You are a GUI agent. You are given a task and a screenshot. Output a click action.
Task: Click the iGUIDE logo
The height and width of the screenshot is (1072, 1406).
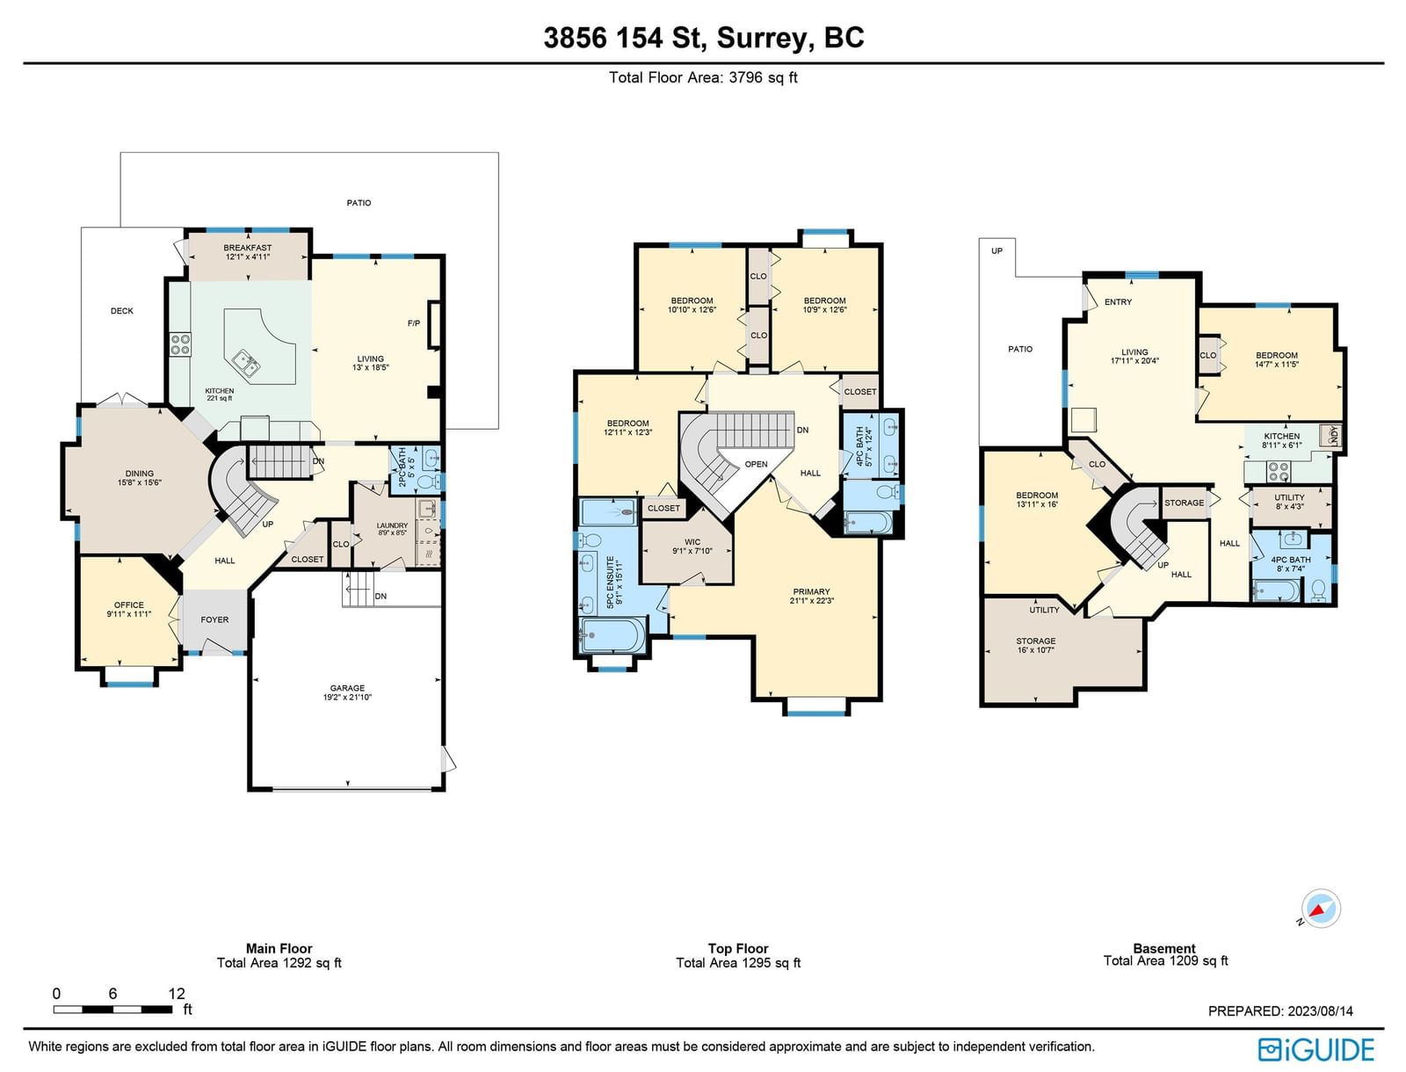(1316, 1050)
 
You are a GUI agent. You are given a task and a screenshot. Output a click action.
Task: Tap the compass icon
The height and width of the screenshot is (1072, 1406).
(1320, 908)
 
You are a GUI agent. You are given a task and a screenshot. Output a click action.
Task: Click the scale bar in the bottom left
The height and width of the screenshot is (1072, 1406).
(112, 1010)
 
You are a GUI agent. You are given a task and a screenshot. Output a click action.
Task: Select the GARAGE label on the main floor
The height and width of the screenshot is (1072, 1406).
(347, 688)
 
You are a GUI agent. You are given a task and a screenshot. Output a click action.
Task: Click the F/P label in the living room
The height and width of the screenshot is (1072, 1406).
(414, 323)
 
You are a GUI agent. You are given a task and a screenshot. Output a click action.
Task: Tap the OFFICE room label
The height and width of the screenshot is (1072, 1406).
(129, 605)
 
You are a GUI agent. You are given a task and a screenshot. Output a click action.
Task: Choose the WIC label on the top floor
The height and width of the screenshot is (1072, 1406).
(692, 542)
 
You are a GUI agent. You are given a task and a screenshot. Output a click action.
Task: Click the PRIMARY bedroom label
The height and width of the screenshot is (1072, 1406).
(812, 591)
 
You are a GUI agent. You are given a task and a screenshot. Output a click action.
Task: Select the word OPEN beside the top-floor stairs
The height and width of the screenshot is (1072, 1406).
(756, 464)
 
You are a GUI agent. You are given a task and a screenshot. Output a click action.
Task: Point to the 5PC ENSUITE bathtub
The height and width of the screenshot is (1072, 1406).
(612, 634)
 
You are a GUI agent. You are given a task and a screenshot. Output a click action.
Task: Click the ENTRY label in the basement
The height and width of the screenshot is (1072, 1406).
(1119, 302)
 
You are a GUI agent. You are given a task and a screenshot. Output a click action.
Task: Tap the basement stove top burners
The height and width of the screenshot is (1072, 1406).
(1279, 472)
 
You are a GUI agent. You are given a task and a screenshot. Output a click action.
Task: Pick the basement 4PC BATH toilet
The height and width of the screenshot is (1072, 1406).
(1319, 590)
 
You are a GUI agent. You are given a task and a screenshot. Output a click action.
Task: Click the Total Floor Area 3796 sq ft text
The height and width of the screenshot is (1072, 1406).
(703, 77)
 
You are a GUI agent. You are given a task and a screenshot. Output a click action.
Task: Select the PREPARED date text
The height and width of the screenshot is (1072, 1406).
(1280, 1011)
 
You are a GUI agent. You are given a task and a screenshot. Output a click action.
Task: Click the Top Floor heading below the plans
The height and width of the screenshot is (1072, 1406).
(738, 948)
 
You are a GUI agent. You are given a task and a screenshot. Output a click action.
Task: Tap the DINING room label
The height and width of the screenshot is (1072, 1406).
(140, 474)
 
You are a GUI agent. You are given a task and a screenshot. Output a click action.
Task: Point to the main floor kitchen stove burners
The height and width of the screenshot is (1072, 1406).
(180, 344)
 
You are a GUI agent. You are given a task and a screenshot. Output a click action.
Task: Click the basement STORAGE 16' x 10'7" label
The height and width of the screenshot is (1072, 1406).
(1036, 646)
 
